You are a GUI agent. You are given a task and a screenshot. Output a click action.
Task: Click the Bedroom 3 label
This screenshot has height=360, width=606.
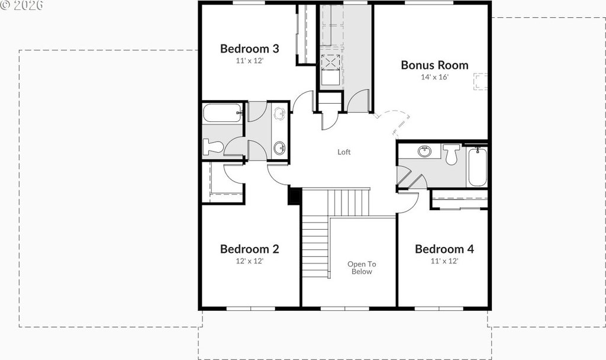tap(249, 49)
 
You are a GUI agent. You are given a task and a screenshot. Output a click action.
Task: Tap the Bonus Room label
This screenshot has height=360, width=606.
tap(434, 65)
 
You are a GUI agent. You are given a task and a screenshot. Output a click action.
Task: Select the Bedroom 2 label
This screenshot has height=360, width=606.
tap(249, 249)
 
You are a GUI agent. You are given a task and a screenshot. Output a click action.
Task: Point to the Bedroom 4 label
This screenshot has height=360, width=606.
tap(444, 249)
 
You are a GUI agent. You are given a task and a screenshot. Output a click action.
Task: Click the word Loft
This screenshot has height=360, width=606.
tap(344, 152)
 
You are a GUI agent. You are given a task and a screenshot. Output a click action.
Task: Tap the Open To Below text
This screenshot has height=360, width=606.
tap(362, 268)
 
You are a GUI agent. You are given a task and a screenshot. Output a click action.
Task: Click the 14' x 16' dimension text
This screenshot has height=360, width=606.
tap(434, 77)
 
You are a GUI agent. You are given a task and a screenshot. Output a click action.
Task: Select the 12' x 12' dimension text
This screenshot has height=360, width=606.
tap(249, 261)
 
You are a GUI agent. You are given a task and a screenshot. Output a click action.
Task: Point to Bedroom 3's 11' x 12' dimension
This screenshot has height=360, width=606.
tap(249, 61)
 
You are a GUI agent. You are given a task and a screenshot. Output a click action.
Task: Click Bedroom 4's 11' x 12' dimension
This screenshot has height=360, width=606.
tap(444, 261)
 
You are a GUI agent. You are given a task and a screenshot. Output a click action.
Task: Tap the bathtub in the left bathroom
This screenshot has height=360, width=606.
tap(223, 113)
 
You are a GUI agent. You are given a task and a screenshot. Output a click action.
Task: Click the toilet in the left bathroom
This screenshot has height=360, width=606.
tap(213, 147)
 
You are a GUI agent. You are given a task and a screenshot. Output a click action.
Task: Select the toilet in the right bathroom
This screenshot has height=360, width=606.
tap(451, 154)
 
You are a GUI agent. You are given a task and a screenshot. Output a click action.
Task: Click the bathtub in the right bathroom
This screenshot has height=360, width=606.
tap(478, 166)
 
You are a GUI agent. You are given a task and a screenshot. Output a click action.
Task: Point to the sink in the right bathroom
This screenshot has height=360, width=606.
tap(424, 151)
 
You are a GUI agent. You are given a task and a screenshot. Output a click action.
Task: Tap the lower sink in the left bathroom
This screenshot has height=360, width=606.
tap(279, 147)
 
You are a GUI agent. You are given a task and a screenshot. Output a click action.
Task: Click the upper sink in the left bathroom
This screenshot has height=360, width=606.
tap(279, 113)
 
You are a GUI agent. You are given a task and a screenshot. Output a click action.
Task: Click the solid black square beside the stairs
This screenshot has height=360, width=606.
tap(295, 196)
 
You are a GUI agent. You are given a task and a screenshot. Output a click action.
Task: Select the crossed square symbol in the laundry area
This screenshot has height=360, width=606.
tap(331, 62)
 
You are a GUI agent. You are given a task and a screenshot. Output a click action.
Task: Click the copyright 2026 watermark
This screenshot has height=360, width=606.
tap(21, 5)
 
